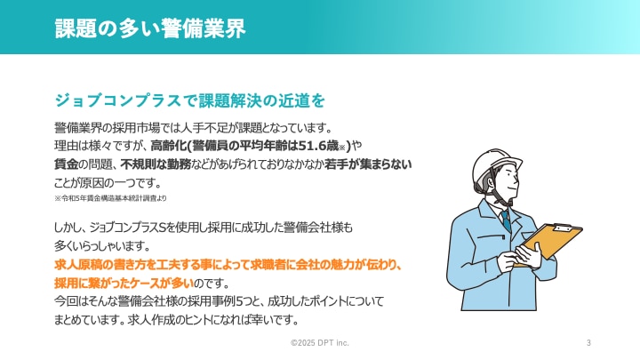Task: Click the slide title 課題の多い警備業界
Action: tap(150, 28)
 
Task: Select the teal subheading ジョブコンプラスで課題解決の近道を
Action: tap(190, 100)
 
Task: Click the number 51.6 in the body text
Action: tap(312, 146)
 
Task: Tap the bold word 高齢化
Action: tap(168, 146)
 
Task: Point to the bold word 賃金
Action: tap(66, 164)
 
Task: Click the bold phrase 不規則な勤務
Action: tap(156, 164)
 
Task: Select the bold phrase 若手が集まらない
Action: tap(368, 164)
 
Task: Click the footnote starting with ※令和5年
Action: tap(110, 198)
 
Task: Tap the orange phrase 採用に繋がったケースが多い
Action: tap(124, 283)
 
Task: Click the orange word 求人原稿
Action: tap(77, 265)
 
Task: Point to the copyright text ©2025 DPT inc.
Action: tap(320, 343)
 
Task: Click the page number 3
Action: tap(588, 343)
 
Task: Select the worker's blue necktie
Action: tap(507, 220)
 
